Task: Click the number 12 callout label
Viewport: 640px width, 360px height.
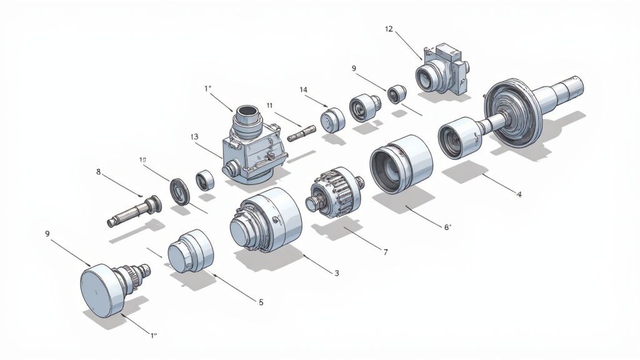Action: (389, 29)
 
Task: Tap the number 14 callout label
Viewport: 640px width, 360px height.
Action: (304, 90)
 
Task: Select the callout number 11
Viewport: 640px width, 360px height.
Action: (269, 105)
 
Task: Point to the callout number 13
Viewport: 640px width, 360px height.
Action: (194, 136)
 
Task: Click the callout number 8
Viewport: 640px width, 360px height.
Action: (98, 171)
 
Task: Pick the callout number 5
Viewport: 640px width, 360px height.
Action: (261, 301)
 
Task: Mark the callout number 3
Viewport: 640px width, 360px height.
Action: (337, 273)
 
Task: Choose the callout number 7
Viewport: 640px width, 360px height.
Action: (386, 252)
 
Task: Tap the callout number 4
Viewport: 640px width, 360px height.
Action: (519, 194)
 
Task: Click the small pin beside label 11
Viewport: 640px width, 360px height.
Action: (302, 132)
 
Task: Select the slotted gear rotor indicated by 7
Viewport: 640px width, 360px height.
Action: (336, 191)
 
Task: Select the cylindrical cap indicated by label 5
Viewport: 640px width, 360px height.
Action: (191, 251)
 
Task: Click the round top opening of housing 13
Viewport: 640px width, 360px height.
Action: (246, 111)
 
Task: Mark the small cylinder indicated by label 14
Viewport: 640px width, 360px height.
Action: (333, 119)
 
